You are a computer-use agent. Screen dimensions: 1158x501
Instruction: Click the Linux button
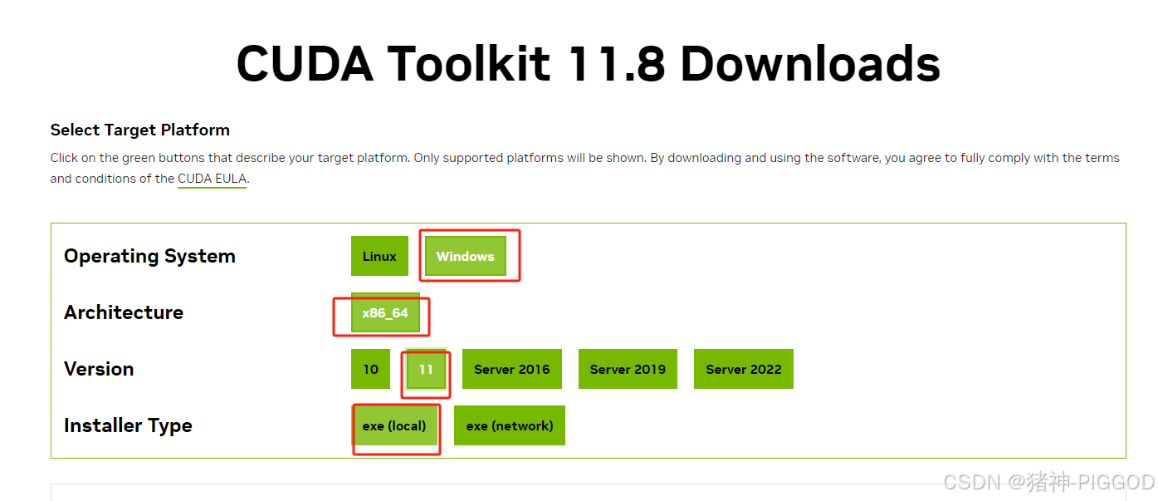379,256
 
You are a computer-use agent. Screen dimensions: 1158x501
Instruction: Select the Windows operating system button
465,256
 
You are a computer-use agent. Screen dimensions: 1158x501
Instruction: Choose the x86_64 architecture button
385,312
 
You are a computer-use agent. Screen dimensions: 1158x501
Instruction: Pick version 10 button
370,369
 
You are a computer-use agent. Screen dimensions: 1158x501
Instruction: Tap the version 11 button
426,369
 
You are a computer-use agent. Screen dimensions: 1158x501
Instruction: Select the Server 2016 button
511,369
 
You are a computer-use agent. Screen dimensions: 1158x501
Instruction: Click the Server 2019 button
628,369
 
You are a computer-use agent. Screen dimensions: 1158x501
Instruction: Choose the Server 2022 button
744,369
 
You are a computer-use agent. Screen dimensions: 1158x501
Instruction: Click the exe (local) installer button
394,425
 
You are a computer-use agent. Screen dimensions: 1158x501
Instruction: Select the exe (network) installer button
510,425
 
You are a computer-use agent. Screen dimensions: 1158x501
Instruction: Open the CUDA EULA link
212,179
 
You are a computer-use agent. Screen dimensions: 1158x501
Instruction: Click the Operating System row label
149,256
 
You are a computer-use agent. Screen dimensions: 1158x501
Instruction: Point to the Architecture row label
124,312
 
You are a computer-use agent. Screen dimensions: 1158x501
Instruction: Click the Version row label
99,369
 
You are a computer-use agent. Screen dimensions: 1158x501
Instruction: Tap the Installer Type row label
128,425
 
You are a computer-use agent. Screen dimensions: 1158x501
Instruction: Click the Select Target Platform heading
140,130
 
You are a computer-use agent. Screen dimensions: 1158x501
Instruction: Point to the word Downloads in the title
810,64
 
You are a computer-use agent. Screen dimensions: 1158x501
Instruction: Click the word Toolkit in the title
469,64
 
